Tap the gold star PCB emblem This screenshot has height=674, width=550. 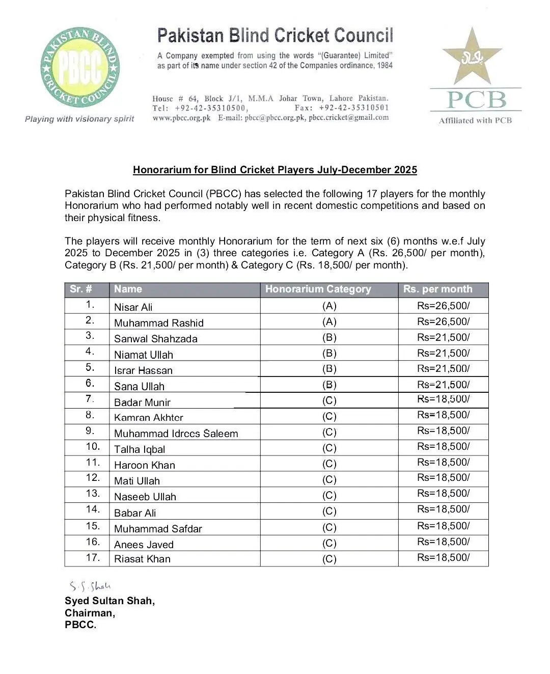(x=472, y=57)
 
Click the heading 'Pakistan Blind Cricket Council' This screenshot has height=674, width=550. (x=275, y=36)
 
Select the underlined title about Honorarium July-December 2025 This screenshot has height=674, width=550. (x=275, y=170)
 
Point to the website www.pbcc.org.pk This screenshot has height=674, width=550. (x=181, y=117)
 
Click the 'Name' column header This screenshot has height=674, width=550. (x=128, y=289)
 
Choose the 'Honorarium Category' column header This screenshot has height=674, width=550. (x=318, y=289)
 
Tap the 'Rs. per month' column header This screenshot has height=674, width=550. (x=437, y=289)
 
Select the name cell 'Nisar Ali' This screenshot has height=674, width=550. (x=133, y=307)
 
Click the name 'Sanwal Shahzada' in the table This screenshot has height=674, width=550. (x=155, y=339)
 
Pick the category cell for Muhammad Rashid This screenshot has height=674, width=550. (x=329, y=321)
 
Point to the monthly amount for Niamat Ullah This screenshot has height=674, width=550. (x=443, y=353)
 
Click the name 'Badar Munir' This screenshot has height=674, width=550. (x=142, y=402)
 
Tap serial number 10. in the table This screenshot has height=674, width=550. (x=93, y=446)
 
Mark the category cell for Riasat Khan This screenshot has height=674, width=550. (x=329, y=559)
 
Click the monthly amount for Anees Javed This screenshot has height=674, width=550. (x=443, y=542)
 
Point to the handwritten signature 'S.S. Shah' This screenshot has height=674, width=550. (x=90, y=586)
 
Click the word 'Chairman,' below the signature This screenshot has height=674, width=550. (x=90, y=613)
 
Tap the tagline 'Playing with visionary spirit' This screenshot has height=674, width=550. (x=79, y=119)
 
